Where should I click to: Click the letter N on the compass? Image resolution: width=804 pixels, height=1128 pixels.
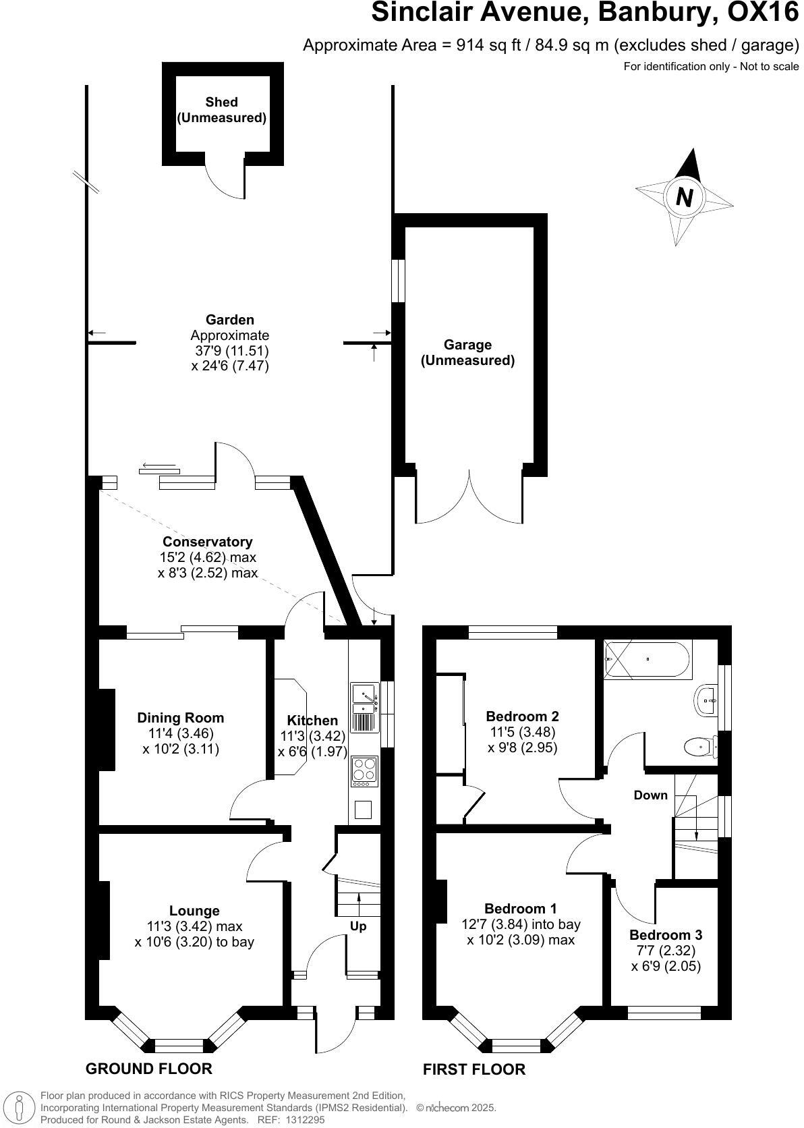pos(685,198)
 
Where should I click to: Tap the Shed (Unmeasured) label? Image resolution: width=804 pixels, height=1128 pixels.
pos(221,110)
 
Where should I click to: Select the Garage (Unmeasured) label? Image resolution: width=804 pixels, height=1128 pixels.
pos(467,353)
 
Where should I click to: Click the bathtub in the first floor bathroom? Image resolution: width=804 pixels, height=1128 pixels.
pos(647,659)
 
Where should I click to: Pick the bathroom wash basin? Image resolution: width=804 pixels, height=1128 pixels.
pos(706,701)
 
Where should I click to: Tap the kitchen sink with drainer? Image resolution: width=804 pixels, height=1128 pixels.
pos(364,708)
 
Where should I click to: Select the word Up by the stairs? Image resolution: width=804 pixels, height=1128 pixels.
pos(358,926)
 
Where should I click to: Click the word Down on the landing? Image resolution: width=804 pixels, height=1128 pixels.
pos(650,795)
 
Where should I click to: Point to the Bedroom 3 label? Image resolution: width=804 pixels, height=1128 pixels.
pos(666,935)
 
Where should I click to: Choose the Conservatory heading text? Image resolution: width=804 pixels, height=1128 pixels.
pos(207,542)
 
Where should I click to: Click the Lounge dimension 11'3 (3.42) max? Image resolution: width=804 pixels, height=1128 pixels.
pos(194,926)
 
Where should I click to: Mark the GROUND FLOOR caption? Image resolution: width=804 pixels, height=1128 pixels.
pos(148,1069)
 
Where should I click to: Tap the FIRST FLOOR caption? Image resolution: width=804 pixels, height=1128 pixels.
pos(473,1069)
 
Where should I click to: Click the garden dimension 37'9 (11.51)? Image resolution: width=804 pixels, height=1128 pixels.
pos(231,351)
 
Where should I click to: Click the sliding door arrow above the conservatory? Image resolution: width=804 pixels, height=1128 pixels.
pos(159,468)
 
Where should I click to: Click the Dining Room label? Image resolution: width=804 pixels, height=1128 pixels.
pos(180,718)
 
